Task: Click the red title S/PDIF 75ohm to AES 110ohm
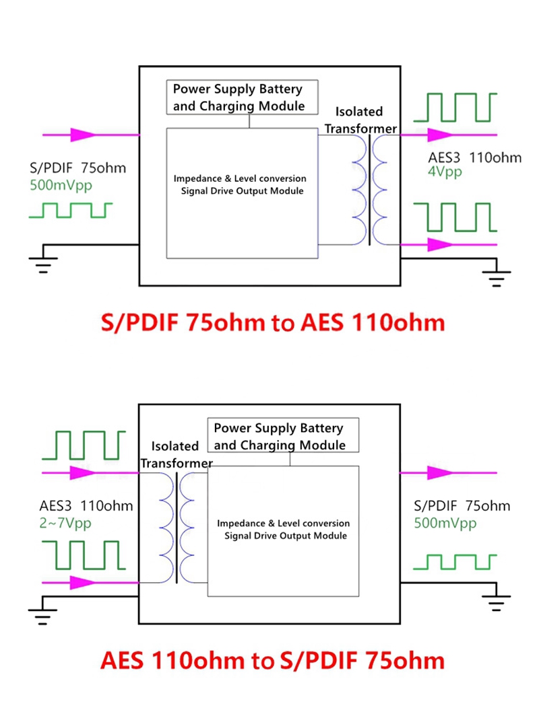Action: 272,323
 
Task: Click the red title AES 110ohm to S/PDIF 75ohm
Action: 272,659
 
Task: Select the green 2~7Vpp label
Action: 65,522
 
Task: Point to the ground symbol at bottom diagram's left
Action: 42,609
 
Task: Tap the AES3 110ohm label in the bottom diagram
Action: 86,506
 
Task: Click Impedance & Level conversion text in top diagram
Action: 240,179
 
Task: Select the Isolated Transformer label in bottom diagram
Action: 176,454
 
